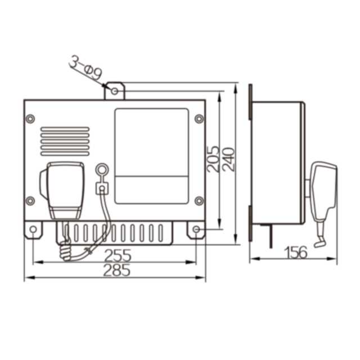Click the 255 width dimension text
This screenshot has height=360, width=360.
118,255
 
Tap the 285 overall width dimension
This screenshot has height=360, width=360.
116,270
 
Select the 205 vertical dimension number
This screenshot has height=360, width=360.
213,159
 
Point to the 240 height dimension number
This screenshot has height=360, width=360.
229,159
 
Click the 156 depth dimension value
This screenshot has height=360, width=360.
296,252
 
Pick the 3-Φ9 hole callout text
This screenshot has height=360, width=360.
85,67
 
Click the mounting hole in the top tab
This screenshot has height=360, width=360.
115,91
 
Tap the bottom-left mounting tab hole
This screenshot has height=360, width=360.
33,229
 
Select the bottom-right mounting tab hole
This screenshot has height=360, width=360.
196,229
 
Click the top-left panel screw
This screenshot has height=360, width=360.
30,119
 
